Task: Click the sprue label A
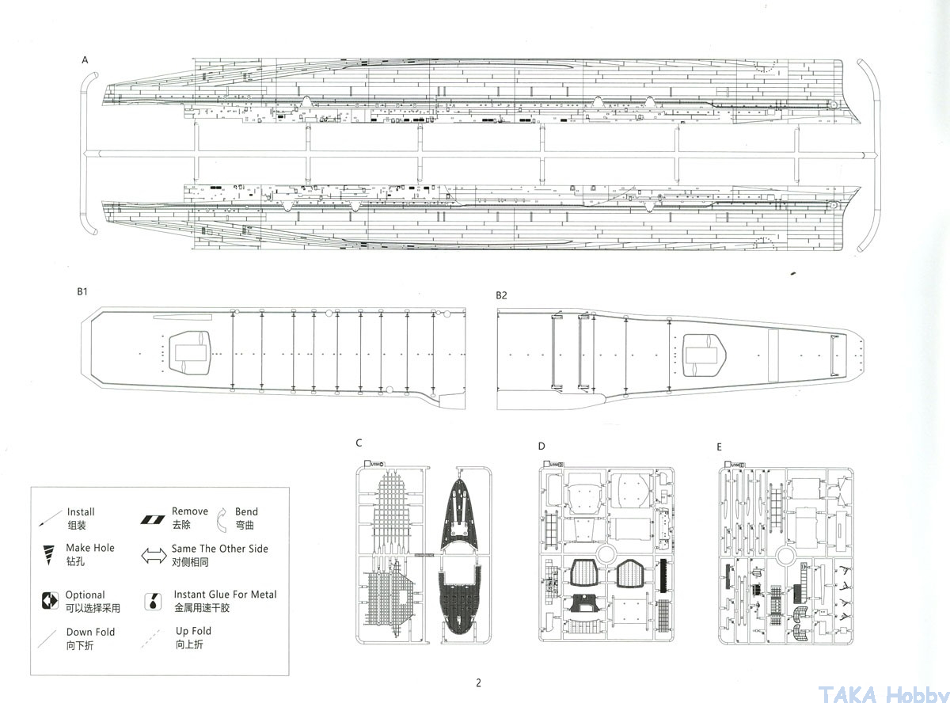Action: pos(85,60)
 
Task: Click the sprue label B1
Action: pos(82,292)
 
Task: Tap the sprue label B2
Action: pos(501,295)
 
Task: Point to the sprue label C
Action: pos(359,443)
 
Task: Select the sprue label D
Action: pos(541,446)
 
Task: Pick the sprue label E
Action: pos(719,447)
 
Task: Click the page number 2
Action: pos(478,683)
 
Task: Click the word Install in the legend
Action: pos(81,512)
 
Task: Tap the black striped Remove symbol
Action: pos(151,519)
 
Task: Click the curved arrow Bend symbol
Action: pos(220,517)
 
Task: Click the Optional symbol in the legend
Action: pos(50,601)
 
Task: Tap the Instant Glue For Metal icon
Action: pos(150,602)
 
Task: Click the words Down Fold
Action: pos(90,632)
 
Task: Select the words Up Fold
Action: pos(193,631)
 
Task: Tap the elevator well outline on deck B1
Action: pos(189,351)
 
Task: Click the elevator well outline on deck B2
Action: pos(703,353)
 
